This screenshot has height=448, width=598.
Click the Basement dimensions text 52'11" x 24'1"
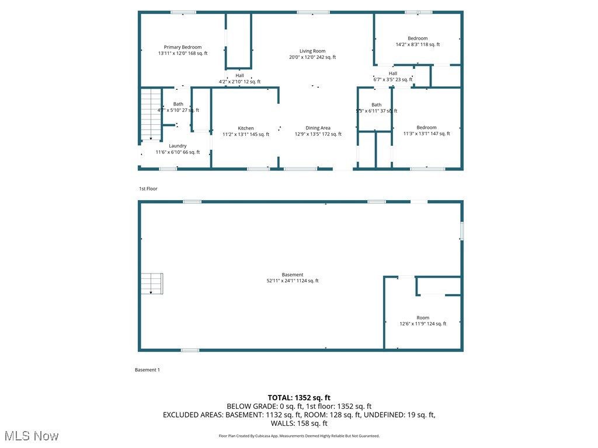tap(293, 281)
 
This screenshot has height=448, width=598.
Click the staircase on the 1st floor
tap(151, 114)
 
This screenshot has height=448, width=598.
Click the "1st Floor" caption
tap(148, 188)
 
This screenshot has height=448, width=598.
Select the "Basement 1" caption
tap(147, 370)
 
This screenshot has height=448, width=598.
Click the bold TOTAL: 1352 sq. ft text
tap(299, 397)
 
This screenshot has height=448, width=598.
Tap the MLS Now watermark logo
tap(32, 436)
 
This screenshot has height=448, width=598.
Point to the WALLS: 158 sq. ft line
tap(299, 423)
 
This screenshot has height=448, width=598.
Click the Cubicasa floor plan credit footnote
tap(299, 436)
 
